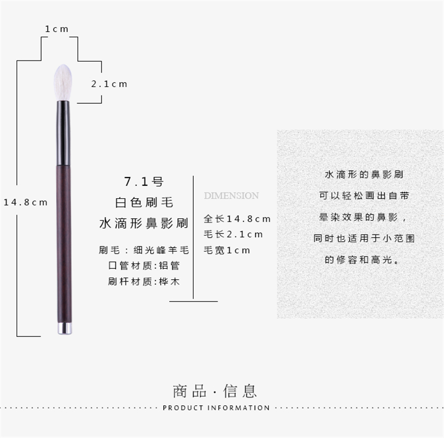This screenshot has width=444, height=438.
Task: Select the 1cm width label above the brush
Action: [57, 29]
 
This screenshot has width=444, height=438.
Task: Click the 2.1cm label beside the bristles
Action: [109, 84]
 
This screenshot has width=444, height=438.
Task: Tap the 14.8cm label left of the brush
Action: [26, 202]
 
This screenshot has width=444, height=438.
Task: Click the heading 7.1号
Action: [143, 181]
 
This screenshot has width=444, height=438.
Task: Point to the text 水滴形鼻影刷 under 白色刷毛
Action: [143, 223]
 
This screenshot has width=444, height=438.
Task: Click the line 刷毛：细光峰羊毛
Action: [143, 250]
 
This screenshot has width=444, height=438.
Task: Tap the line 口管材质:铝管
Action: [143, 265]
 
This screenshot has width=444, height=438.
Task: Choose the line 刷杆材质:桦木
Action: [143, 281]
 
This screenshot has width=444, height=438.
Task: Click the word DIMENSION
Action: [231, 195]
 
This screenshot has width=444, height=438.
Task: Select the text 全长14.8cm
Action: [237, 218]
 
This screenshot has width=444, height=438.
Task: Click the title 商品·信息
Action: [215, 391]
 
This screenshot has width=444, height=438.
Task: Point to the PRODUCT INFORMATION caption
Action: [216, 408]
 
